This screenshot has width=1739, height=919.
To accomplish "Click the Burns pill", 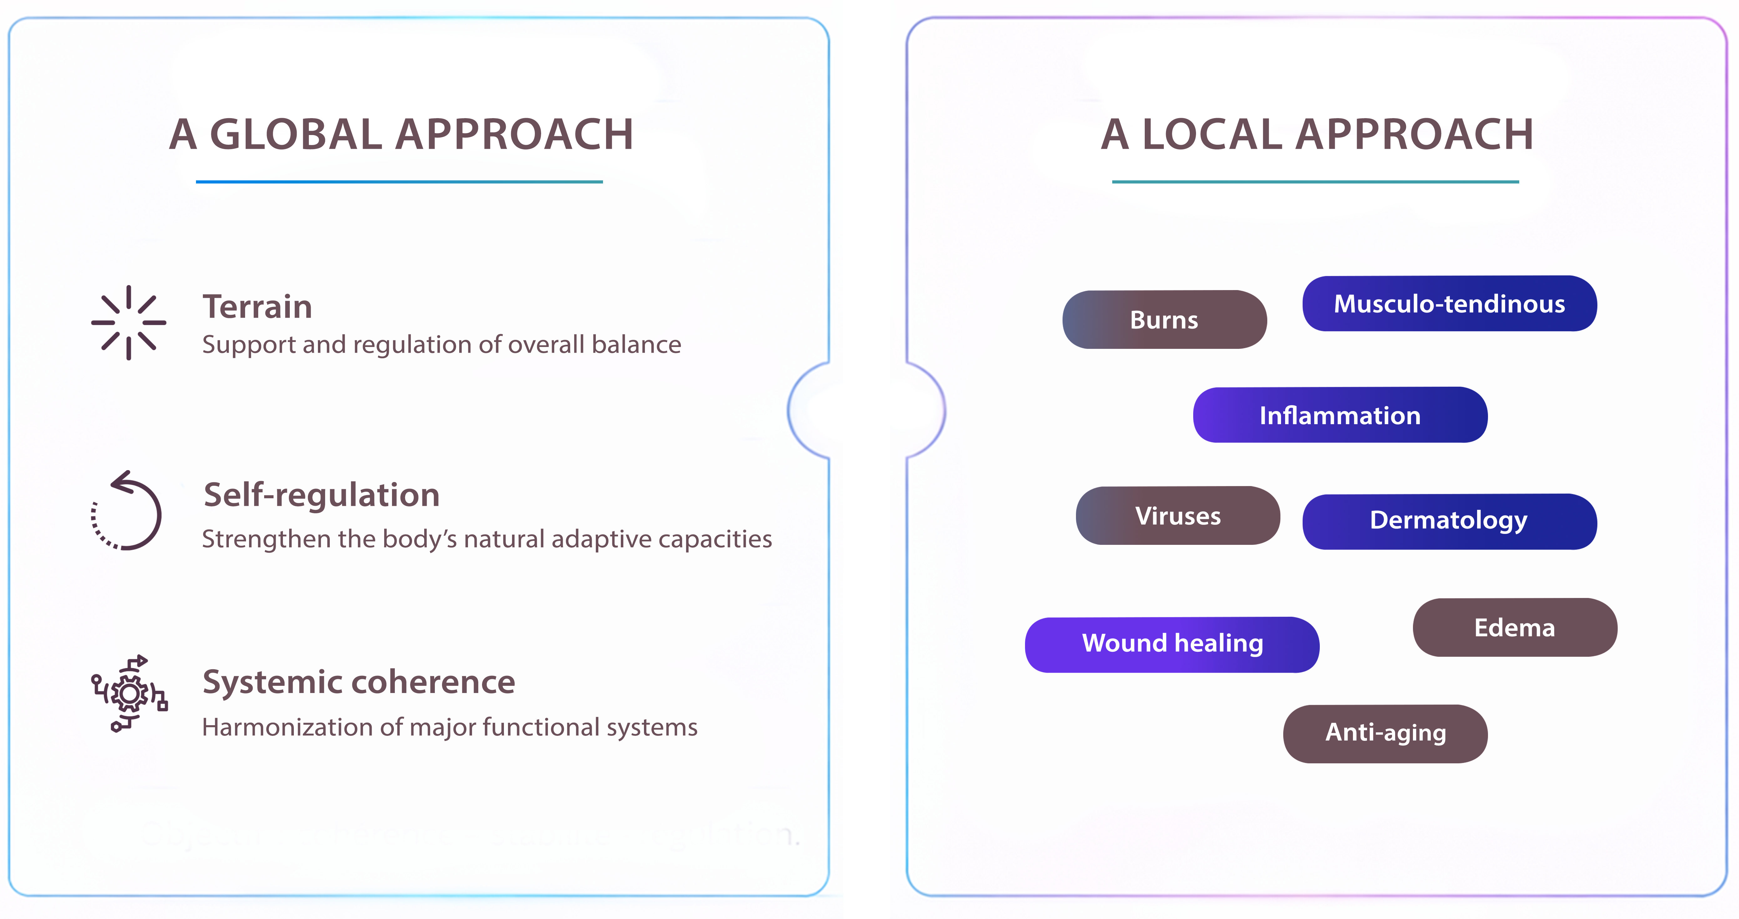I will [1164, 319].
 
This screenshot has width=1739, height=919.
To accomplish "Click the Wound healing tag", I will [1172, 644].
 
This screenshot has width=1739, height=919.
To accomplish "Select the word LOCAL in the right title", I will [1212, 134].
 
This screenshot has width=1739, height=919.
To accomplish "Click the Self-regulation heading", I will [321, 495].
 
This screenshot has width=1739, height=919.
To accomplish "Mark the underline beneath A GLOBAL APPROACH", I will [399, 182].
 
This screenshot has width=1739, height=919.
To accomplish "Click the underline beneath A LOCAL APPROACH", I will [1315, 182].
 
